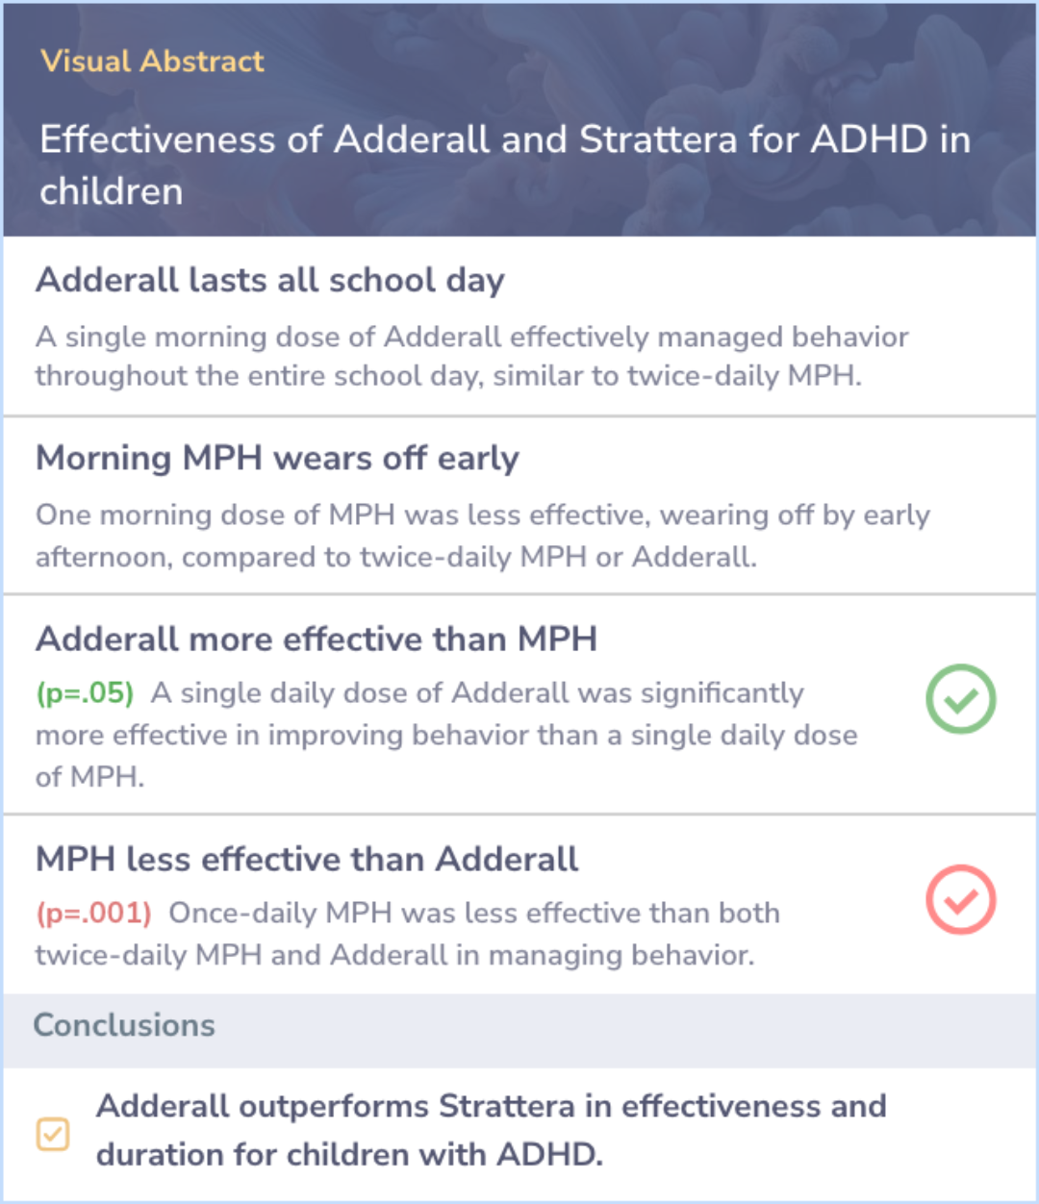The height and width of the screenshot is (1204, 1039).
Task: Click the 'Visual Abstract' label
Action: [152, 62]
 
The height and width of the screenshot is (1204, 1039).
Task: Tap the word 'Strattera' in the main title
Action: [658, 139]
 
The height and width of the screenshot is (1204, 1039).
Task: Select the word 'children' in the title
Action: [112, 191]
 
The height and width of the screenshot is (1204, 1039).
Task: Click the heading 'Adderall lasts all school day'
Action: [270, 280]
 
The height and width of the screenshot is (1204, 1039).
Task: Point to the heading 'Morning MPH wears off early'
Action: [277, 459]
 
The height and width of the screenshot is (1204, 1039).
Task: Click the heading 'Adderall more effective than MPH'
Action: [317, 639]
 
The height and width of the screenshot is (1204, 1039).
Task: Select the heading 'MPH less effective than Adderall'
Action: [307, 859]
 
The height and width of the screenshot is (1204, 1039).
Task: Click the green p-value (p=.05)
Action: [85, 693]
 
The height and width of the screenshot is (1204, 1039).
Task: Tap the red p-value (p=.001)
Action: [94, 913]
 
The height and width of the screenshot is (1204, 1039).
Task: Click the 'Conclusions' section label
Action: [124, 1025]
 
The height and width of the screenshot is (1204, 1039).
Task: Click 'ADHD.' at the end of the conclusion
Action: [549, 1155]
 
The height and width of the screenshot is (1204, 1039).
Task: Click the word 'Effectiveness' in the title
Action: [158, 139]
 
